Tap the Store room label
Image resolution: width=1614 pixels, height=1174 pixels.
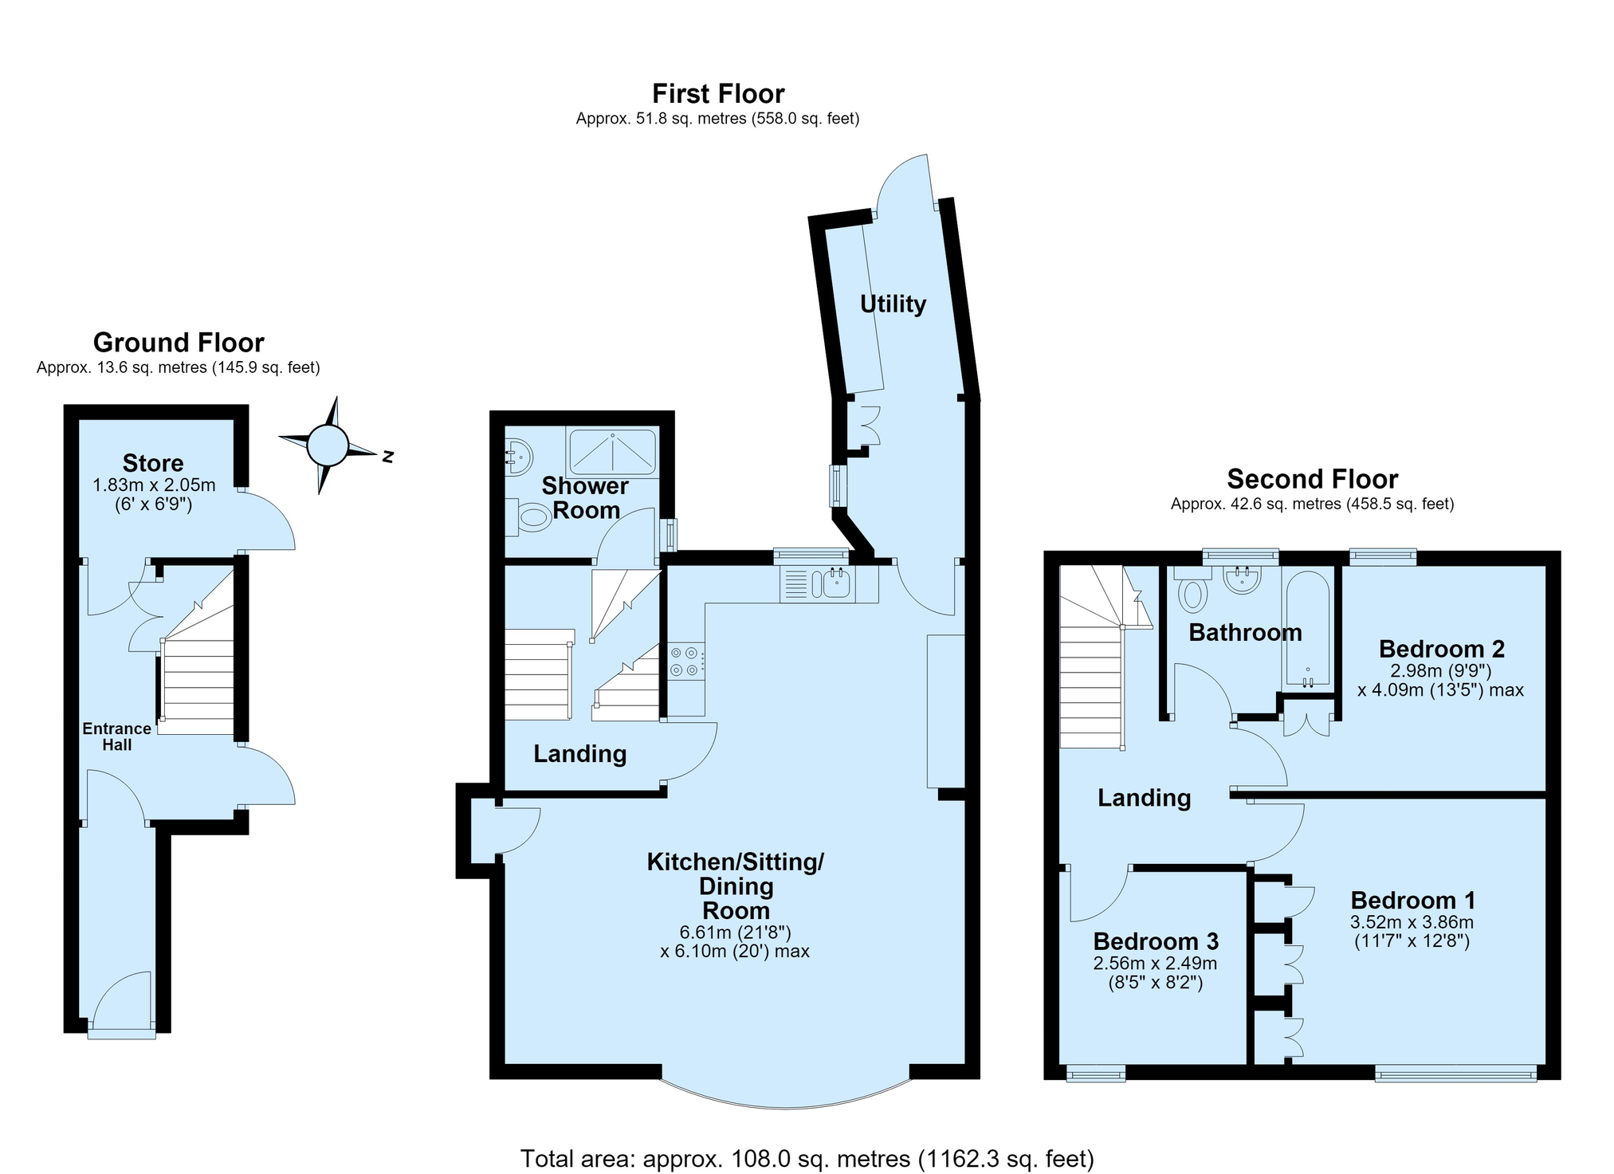(x=153, y=463)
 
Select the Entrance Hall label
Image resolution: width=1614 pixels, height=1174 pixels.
(x=117, y=736)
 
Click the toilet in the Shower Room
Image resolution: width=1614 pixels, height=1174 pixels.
(x=530, y=516)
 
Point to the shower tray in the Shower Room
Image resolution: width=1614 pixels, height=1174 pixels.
(x=612, y=453)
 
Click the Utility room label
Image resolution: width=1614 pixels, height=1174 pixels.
(x=893, y=304)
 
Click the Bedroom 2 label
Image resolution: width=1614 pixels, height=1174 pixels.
(x=1442, y=649)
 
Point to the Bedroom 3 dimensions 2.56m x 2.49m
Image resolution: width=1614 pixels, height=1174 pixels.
(x=1156, y=963)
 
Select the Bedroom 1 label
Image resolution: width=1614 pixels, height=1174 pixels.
(x=1413, y=901)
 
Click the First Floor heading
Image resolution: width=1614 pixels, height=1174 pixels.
(x=718, y=94)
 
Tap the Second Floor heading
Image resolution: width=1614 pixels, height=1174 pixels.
(x=1313, y=479)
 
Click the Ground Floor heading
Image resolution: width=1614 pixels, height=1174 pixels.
(x=179, y=343)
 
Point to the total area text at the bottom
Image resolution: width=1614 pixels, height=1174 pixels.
(x=807, y=1158)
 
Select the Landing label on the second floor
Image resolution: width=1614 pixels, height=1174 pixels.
(x=1145, y=798)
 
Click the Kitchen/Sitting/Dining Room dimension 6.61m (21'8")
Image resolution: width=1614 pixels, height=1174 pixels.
(x=735, y=932)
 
